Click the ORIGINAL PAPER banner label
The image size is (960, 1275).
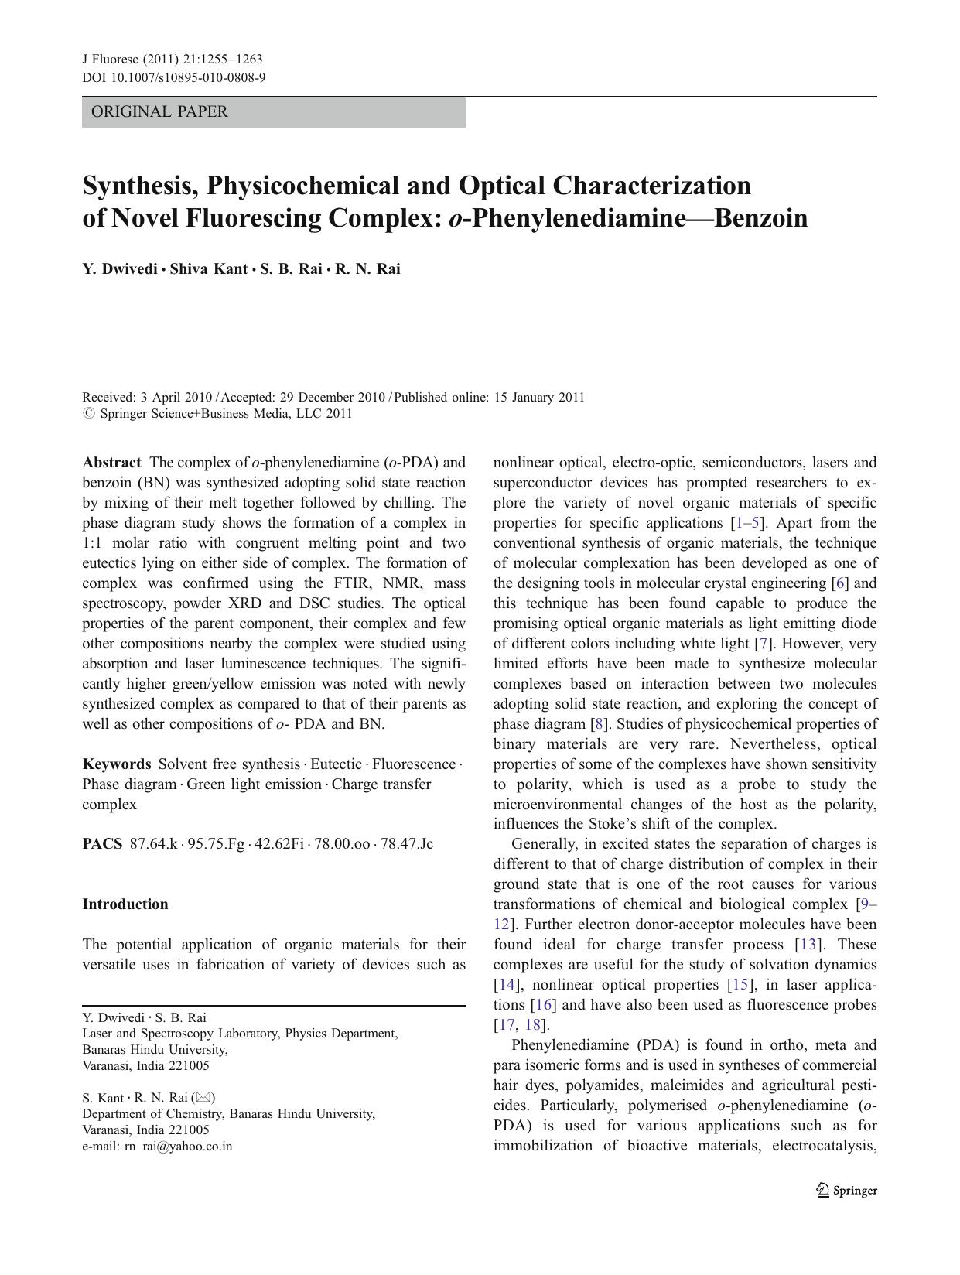coord(159,112)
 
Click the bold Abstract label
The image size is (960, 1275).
coord(111,463)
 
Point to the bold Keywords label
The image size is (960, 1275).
coord(117,764)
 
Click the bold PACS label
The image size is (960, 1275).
coord(102,844)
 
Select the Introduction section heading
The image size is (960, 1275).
coord(125,904)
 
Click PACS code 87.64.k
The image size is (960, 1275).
coord(153,844)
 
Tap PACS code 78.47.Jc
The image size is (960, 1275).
coord(405,844)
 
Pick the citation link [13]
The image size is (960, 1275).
coord(809,945)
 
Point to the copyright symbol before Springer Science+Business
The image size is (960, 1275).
coord(88,414)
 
